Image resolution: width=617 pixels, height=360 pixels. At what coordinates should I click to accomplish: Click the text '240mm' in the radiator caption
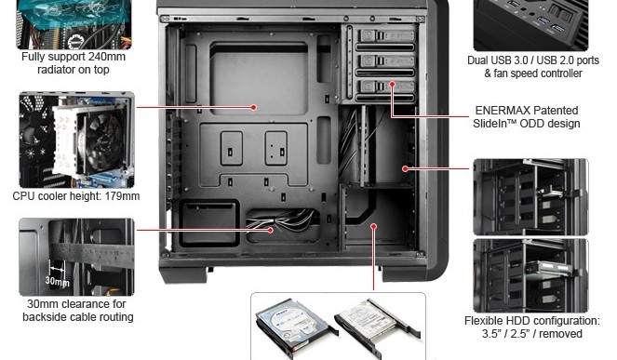[x=107, y=57]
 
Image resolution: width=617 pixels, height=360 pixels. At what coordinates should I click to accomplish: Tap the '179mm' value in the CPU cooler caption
[x=122, y=196]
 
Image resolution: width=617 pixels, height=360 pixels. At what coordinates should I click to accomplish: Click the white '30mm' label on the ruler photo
[x=57, y=281]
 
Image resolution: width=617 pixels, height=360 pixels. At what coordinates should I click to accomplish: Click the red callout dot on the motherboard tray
[x=254, y=107]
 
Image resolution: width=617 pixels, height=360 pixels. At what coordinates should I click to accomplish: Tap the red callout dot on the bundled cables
[x=271, y=230]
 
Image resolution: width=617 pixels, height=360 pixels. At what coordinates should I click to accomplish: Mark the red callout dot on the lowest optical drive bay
[x=393, y=84]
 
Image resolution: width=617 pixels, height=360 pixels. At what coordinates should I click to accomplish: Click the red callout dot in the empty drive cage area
[x=405, y=168]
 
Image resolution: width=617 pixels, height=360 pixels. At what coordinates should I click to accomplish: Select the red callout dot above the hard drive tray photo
[x=374, y=226]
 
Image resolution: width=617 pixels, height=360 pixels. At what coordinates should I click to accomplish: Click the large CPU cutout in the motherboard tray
[x=259, y=79]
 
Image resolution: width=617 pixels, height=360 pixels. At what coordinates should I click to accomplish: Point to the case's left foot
[x=183, y=274]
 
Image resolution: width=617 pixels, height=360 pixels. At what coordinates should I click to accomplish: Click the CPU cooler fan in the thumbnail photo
[x=103, y=142]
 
